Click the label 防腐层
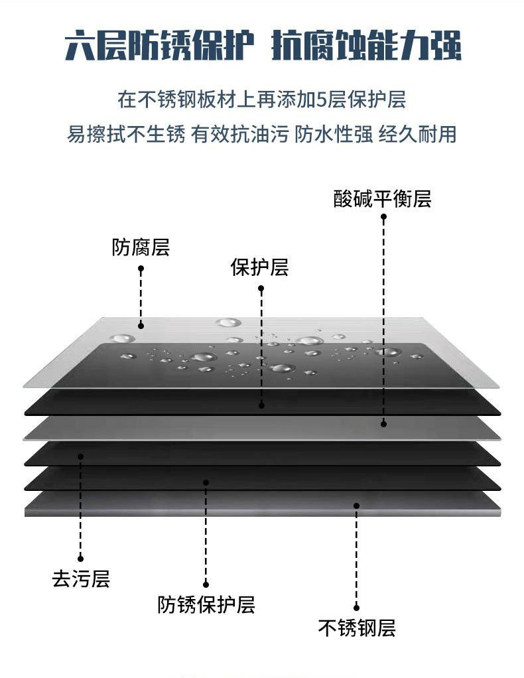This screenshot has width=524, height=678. [141, 247]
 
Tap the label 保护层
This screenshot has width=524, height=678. [259, 267]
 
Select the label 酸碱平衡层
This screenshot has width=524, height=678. [382, 199]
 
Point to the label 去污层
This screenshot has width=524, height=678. [81, 578]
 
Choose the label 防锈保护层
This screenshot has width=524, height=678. [206, 604]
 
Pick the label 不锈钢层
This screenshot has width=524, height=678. [357, 628]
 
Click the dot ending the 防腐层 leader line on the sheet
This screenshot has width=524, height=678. [141, 326]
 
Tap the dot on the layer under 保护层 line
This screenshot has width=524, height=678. [261, 405]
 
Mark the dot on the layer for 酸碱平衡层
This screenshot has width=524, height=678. [383, 424]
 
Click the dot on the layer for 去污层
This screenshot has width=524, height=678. [80, 456]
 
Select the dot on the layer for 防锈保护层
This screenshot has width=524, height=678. [206, 482]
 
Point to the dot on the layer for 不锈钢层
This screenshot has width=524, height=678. [356, 506]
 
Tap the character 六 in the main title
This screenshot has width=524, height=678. [80, 45]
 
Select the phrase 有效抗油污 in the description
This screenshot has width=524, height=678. [239, 134]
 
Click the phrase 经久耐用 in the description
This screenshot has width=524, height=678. [418, 134]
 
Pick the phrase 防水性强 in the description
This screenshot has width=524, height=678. [334, 134]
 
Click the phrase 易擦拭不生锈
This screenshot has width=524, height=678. [126, 134]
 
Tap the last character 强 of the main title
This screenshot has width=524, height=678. [445, 45]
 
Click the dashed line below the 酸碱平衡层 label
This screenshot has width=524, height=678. [383, 320]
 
